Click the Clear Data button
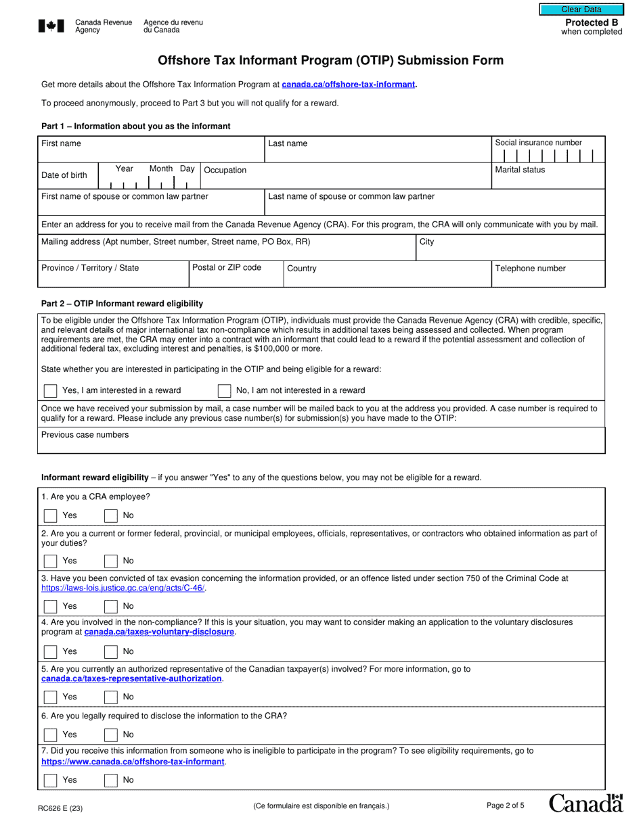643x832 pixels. (581, 9)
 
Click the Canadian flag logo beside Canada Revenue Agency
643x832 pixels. (52, 26)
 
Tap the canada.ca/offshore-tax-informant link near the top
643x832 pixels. (349, 85)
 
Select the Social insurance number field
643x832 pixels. (548, 156)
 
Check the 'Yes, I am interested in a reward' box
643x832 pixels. (50, 390)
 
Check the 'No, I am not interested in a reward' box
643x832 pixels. (224, 390)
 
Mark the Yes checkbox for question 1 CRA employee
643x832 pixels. (50, 515)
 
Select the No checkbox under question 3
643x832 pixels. (111, 606)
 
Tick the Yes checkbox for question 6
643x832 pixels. (50, 735)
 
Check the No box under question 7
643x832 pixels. (111, 780)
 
